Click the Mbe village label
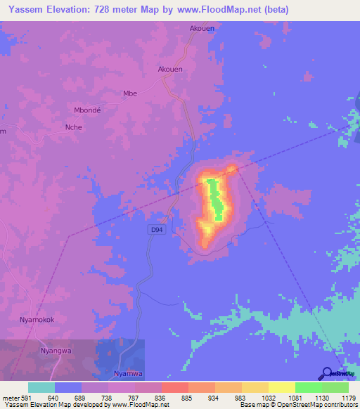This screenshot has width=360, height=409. point(129,93)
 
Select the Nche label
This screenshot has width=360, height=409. point(73,127)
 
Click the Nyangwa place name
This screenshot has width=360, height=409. point(56,349)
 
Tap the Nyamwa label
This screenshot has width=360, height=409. point(128,374)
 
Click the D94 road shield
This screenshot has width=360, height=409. point(157,230)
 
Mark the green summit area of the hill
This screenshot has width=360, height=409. point(215,200)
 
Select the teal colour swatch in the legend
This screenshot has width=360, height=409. point(41,387)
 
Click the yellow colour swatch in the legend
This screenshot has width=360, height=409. point(281,387)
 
